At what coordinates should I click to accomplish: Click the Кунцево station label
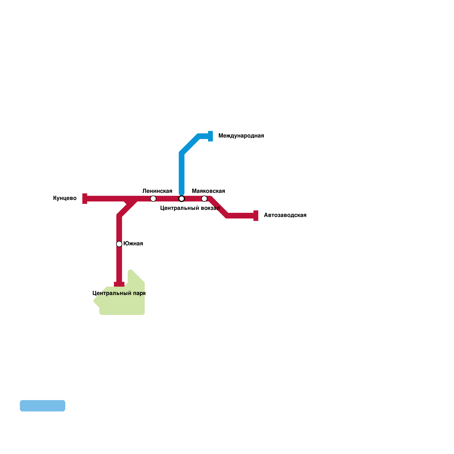(65, 198)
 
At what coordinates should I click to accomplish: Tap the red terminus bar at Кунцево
(85, 199)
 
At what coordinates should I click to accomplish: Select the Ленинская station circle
(153, 199)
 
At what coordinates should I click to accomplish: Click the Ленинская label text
(157, 191)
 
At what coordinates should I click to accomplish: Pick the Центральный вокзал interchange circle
(182, 199)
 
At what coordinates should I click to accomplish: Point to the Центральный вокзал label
(190, 208)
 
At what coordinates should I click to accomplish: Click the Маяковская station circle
(204, 199)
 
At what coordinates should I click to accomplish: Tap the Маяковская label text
(208, 191)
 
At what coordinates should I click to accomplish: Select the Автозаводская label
(285, 215)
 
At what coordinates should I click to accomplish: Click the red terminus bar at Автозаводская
(256, 216)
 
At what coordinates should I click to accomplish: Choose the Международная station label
(241, 136)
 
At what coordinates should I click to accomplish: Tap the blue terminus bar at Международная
(211, 136)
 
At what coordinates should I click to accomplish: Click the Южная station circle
(119, 244)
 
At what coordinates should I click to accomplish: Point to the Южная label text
(133, 244)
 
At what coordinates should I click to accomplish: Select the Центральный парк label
(119, 293)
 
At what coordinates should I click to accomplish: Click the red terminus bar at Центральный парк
(119, 284)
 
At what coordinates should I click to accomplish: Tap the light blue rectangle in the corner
(43, 406)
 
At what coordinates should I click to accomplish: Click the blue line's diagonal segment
(190, 145)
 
